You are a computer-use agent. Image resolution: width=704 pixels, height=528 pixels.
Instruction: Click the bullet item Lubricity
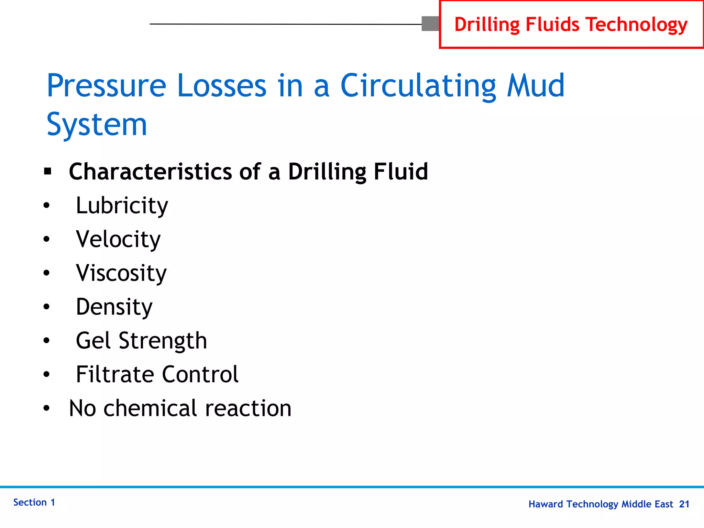point(122,206)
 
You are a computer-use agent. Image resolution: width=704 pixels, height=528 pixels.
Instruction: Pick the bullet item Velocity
point(118,240)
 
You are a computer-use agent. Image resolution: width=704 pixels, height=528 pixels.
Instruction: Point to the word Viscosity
point(121,273)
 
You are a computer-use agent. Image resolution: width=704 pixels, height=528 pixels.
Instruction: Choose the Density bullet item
point(114,307)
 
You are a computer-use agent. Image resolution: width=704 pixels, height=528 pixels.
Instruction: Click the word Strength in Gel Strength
point(163,341)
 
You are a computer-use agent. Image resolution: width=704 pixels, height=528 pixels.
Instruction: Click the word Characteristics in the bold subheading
point(151,172)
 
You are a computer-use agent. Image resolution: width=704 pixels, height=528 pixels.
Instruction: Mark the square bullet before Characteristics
point(47,171)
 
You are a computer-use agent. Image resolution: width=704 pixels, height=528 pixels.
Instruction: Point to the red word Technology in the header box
point(637,25)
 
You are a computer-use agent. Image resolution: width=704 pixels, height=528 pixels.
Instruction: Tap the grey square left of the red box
point(430,24)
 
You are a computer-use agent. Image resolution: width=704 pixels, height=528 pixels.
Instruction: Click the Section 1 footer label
point(34,503)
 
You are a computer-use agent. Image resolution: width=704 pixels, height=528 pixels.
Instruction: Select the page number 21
point(684,504)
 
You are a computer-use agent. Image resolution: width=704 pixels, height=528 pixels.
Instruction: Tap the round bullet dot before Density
point(47,307)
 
